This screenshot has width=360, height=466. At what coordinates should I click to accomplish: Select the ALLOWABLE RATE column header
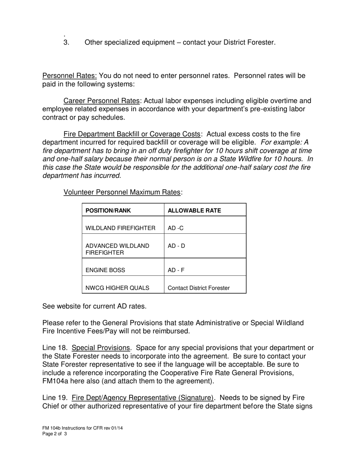point(194,211)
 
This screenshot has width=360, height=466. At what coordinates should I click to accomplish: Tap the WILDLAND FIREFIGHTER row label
point(120,228)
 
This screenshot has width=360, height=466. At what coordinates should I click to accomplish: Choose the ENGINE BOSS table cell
point(105,270)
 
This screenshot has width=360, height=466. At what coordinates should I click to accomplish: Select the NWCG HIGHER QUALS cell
point(117,288)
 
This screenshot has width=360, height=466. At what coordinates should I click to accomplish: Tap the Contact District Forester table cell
point(198,288)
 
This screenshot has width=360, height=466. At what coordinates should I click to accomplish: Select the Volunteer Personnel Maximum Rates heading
point(122,192)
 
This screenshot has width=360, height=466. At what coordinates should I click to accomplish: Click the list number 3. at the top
point(66,42)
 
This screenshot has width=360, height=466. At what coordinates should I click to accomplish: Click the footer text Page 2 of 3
point(55,434)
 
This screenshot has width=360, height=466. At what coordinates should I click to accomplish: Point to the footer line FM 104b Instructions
point(82,428)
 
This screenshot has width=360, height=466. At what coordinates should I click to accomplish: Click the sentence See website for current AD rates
point(94,306)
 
